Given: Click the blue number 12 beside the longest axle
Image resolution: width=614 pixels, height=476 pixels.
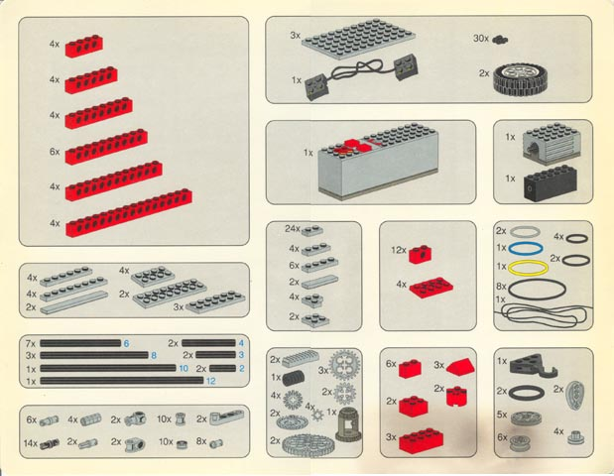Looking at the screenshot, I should [210, 381].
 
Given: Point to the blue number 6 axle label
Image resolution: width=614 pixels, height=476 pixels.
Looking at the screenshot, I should [127, 343].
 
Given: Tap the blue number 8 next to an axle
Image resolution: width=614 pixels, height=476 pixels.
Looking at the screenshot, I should [154, 355].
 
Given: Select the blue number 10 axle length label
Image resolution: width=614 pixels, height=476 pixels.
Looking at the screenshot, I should [183, 368].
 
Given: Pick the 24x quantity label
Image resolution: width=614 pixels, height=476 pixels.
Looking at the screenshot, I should [292, 229].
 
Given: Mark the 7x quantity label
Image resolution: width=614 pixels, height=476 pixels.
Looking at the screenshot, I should [31, 343].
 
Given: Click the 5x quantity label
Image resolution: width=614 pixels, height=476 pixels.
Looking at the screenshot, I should [502, 415].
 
